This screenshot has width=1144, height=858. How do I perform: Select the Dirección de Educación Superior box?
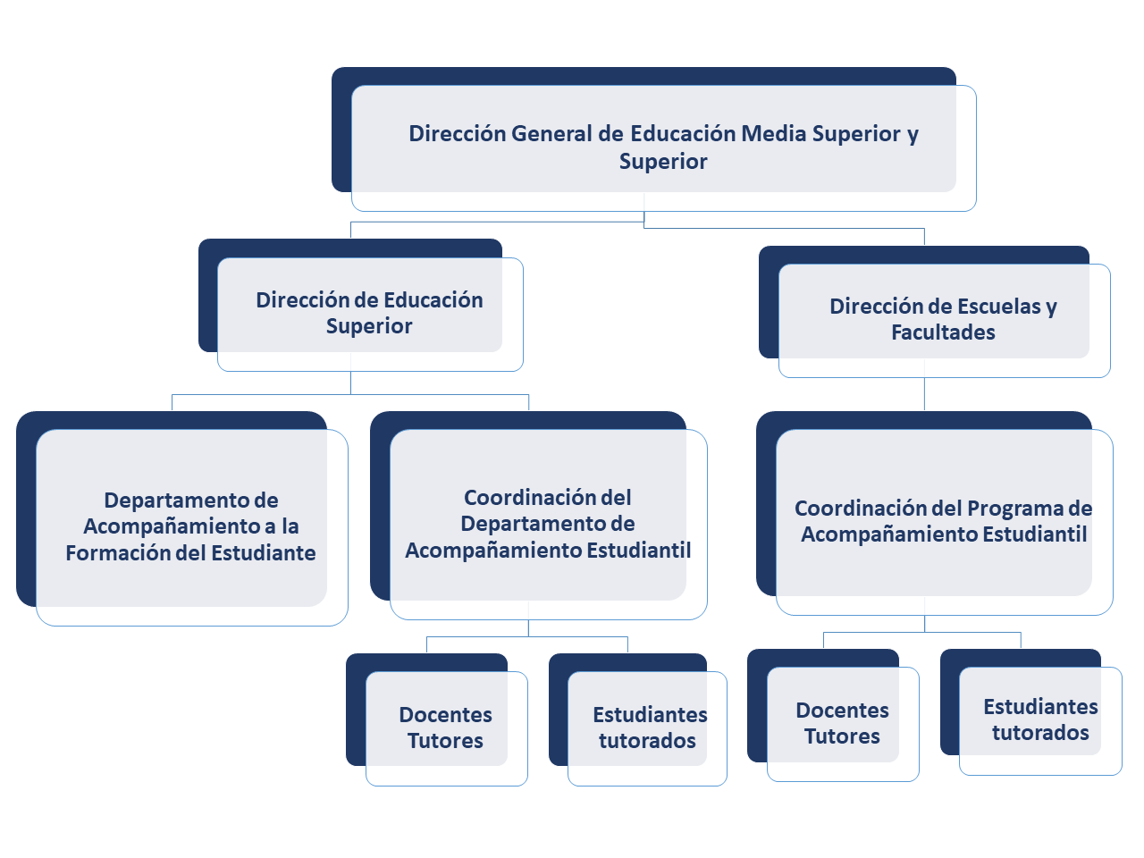[x=361, y=305]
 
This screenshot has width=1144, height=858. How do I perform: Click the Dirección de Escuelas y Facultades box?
[x=935, y=312]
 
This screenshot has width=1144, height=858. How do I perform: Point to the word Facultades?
[x=943, y=332]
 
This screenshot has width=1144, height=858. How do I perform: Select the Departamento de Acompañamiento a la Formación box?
[x=182, y=518]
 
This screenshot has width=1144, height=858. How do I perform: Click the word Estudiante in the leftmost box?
[x=263, y=552]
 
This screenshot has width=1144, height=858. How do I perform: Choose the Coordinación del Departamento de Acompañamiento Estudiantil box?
[x=538, y=515]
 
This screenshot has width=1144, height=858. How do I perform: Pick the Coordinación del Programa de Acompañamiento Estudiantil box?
[x=935, y=513]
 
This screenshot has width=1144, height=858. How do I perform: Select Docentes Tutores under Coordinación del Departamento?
[x=437, y=719]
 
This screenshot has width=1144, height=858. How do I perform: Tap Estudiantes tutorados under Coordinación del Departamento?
[x=638, y=719]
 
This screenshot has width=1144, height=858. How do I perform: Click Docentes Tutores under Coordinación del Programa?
[x=833, y=715]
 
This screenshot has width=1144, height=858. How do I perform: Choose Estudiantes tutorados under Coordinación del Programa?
[x=1030, y=711]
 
